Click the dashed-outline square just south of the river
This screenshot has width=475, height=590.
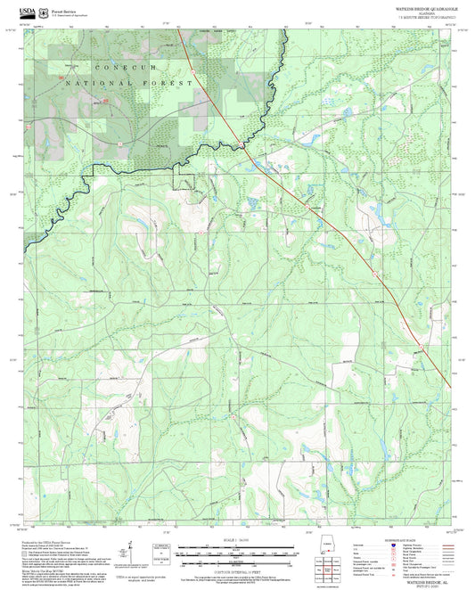click(184, 181)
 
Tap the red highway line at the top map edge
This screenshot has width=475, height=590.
click(178, 29)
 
